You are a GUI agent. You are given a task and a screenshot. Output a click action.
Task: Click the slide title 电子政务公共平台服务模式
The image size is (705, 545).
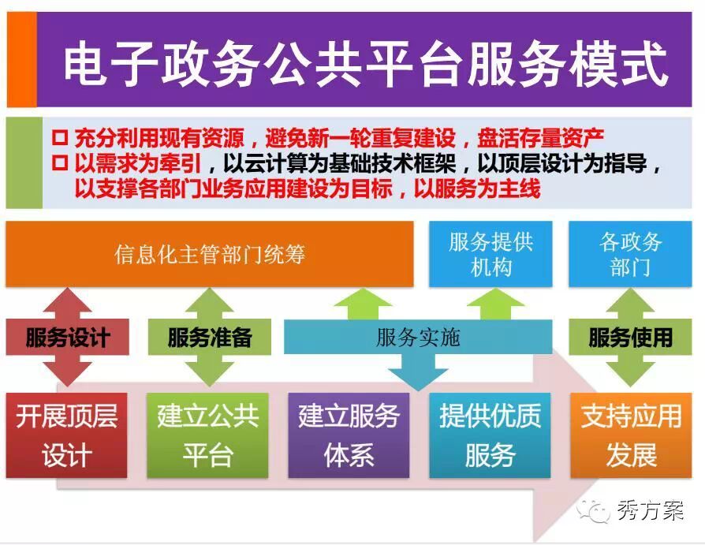click(365, 63)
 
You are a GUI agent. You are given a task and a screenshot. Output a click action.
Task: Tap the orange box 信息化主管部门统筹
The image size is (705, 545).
click(210, 254)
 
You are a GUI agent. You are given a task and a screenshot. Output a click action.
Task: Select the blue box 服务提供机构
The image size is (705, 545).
click(491, 254)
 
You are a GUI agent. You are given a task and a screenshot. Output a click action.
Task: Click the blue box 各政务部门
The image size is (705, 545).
click(630, 254)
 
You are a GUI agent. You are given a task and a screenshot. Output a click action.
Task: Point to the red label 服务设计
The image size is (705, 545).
click(68, 338)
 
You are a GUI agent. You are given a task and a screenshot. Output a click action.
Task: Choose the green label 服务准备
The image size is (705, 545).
click(210, 338)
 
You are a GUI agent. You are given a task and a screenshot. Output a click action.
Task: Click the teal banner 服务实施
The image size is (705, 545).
click(418, 338)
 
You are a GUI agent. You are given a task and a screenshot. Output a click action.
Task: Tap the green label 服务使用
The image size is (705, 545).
click(630, 338)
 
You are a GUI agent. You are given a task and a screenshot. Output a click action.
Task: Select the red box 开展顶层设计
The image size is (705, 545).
click(66, 435)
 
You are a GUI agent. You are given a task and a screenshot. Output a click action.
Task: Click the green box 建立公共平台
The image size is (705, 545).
click(207, 435)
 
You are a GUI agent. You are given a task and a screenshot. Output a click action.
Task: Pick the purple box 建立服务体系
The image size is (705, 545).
click(349, 435)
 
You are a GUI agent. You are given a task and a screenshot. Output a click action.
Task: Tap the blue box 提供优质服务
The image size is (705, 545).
click(490, 435)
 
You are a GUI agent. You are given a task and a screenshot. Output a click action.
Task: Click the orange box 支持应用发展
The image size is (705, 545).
click(631, 435)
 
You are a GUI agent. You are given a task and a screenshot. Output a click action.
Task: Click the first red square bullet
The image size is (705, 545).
click(60, 136)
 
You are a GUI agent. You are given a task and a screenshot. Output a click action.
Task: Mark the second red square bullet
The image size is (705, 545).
click(60, 162)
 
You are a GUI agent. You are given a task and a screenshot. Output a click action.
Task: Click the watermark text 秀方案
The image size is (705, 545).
click(650, 511)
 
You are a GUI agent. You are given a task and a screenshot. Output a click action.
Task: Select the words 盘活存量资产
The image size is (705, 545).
click(540, 137)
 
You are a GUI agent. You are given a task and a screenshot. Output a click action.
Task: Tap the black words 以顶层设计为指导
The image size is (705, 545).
click(562, 162)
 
